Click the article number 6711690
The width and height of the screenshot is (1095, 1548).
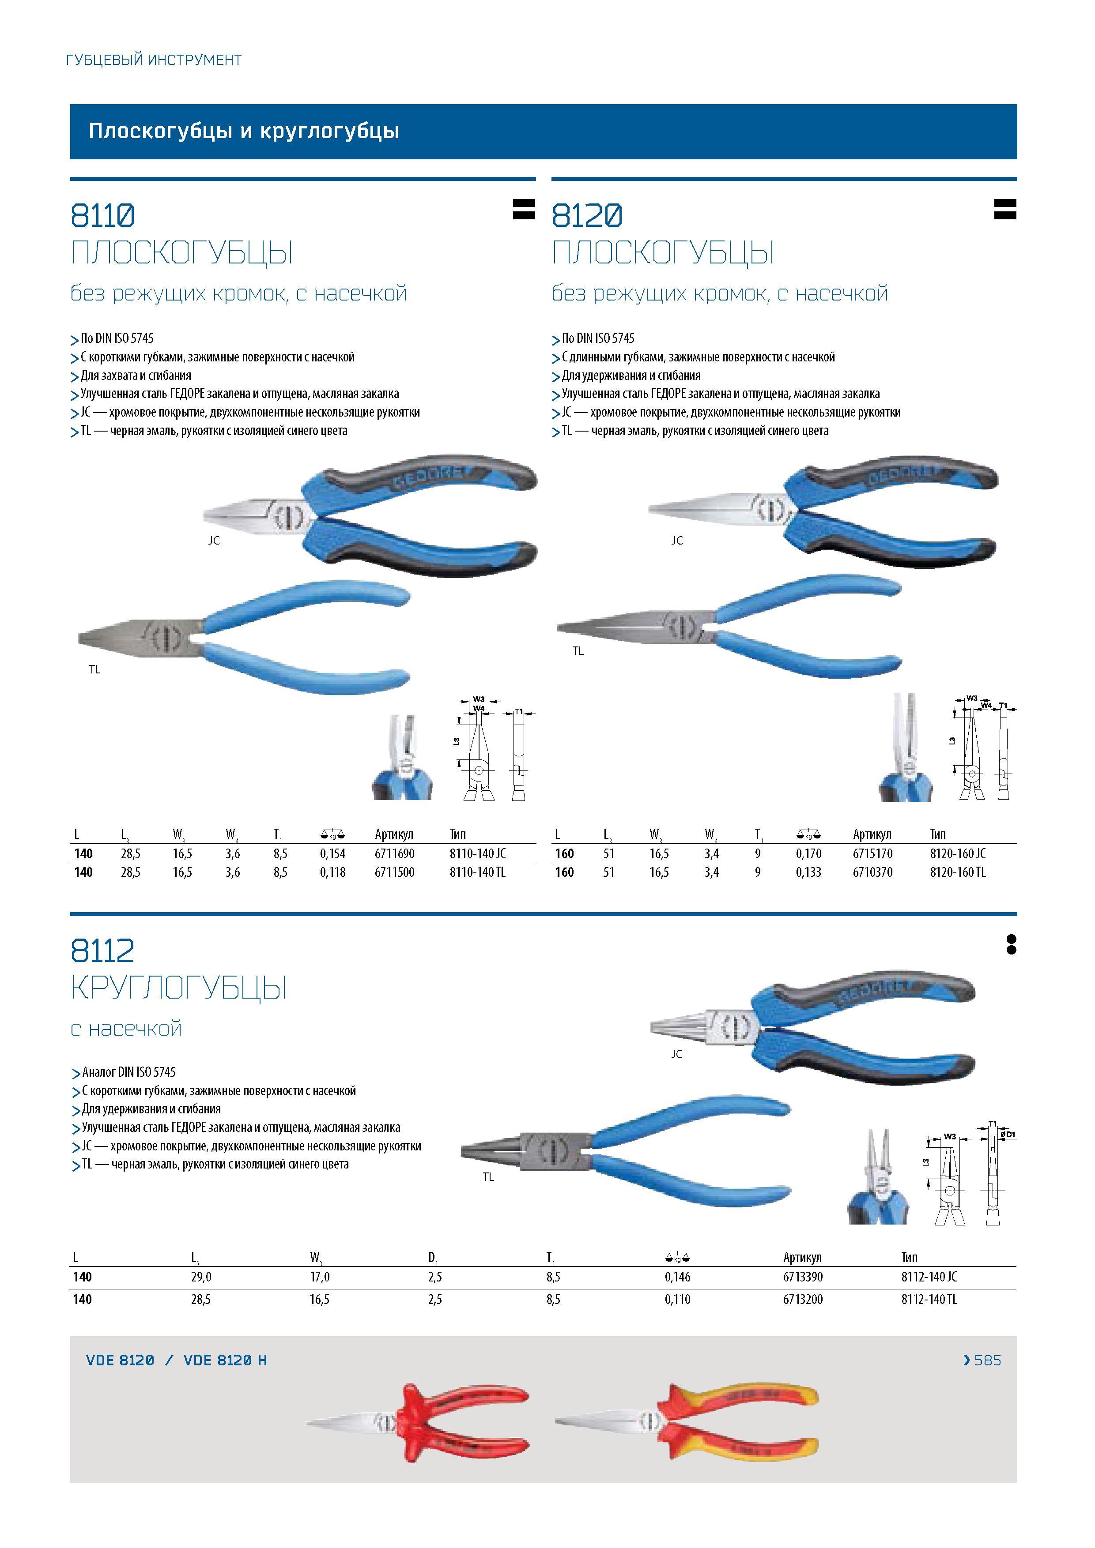(x=395, y=853)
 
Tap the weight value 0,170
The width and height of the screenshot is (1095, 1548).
(x=808, y=853)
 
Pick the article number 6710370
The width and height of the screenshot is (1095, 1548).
(x=873, y=872)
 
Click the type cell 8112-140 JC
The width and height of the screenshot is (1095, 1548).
(x=929, y=1277)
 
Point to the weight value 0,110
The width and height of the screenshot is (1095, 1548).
(x=677, y=1300)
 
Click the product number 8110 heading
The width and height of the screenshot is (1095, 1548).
(x=102, y=216)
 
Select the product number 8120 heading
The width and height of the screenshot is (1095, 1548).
(x=587, y=216)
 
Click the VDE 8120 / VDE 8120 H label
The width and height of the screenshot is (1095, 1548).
(x=177, y=1360)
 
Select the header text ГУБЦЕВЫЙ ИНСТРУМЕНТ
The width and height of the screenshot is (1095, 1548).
(x=154, y=60)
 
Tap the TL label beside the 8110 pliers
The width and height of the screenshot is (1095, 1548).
(x=94, y=669)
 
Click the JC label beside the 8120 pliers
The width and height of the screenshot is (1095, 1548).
(x=677, y=540)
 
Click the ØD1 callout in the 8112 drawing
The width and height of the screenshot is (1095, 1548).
(x=1007, y=1135)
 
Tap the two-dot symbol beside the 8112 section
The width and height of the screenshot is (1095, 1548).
(x=1011, y=945)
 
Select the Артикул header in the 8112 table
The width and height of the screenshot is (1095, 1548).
(x=802, y=1257)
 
